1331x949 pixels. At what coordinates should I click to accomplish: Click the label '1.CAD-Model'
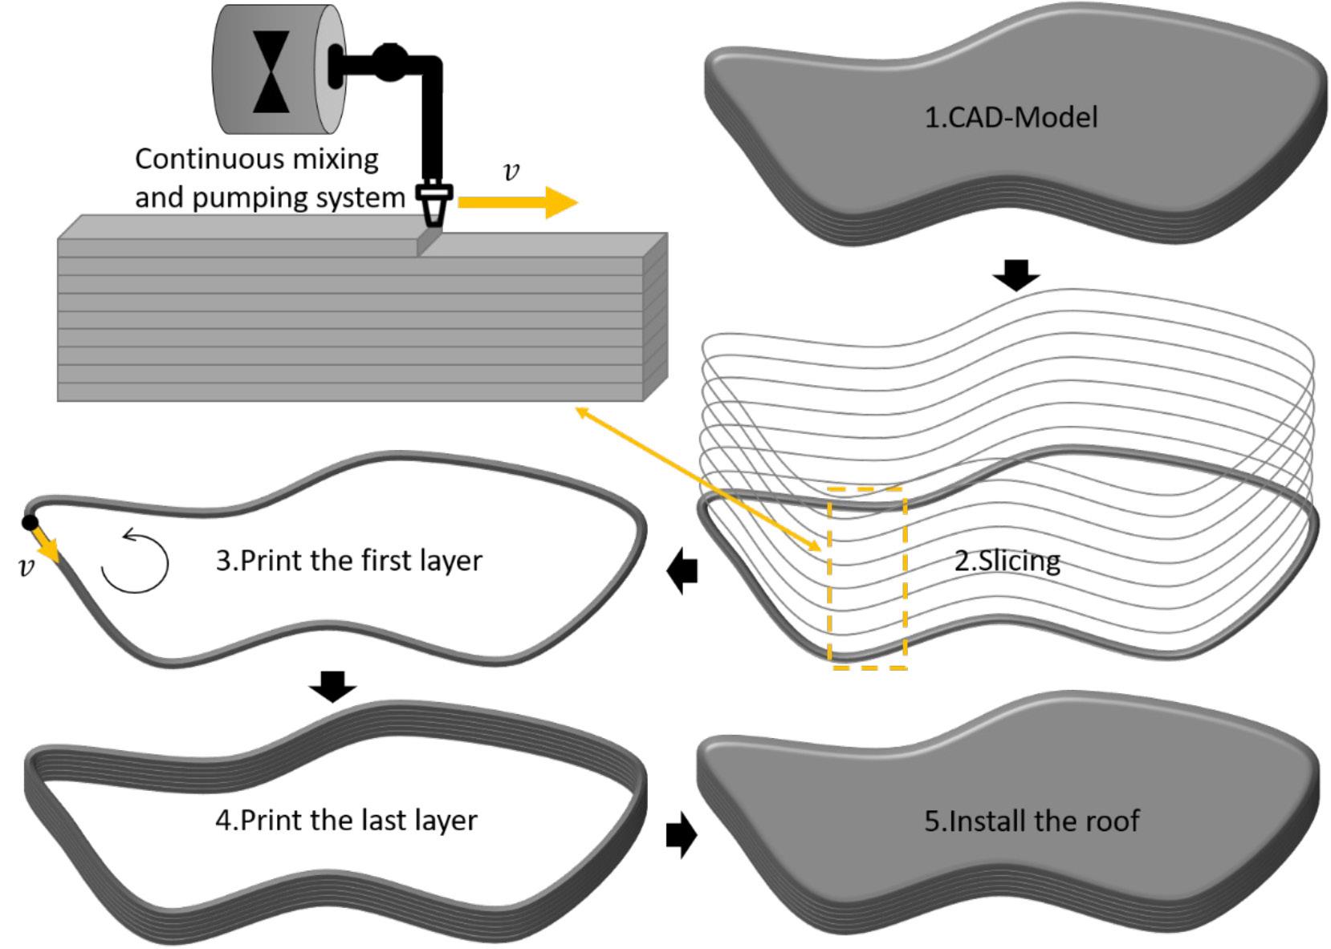coord(1010,118)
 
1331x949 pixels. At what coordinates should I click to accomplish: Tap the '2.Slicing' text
coord(1007,560)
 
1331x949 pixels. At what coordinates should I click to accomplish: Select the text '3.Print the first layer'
coord(348,560)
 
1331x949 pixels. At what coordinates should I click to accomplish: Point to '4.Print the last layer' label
coord(346,820)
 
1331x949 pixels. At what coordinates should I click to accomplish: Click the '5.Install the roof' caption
coord(1031,821)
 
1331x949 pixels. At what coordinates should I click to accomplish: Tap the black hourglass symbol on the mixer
coord(271,72)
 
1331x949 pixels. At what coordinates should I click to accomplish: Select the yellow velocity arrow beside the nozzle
coord(517,202)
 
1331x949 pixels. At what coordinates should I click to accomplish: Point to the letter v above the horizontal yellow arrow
coord(511,172)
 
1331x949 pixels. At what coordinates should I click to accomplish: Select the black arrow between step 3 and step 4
coord(332,686)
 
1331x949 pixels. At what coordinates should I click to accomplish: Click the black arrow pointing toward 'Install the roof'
coord(682,836)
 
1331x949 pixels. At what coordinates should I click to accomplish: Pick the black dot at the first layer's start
coord(30,523)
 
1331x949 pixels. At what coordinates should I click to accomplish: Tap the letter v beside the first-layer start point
coord(26,568)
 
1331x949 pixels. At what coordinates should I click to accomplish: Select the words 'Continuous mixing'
coord(256,159)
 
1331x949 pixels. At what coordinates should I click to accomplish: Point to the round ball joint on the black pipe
coord(389,63)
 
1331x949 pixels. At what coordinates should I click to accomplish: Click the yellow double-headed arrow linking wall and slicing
coord(698,478)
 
